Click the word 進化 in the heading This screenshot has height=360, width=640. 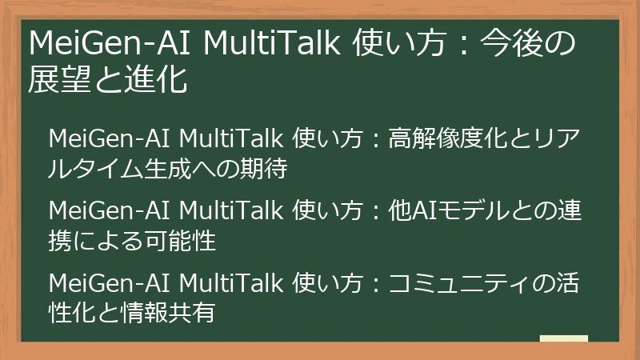click(160, 80)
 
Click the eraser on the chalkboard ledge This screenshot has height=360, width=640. click(563, 339)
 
